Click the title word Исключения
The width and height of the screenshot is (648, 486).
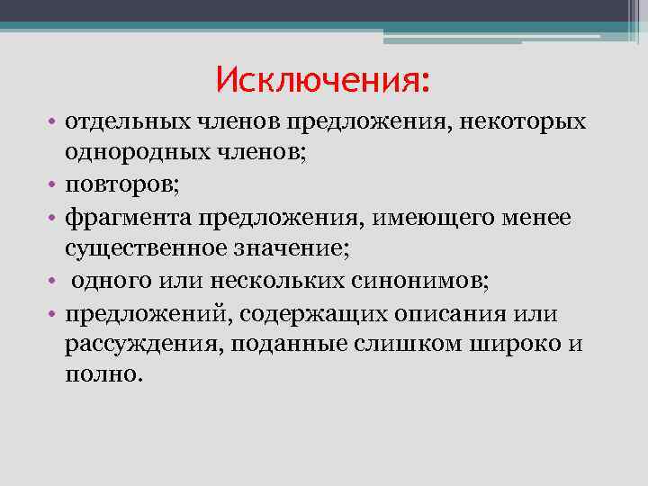pos(322,82)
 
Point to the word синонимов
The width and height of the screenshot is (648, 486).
pos(413,282)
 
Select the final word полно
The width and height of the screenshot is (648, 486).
pos(102,376)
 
